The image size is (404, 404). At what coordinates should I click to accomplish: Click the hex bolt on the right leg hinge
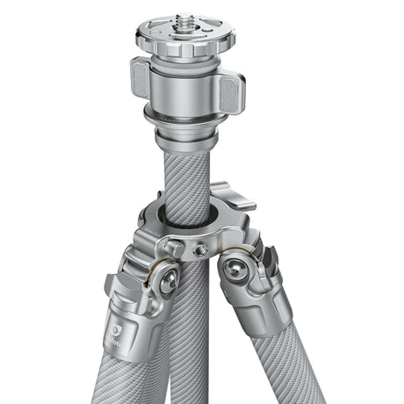[234, 269]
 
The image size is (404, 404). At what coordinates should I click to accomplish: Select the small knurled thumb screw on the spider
[177, 249]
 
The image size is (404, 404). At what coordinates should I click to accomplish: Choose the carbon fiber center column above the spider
[187, 176]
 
